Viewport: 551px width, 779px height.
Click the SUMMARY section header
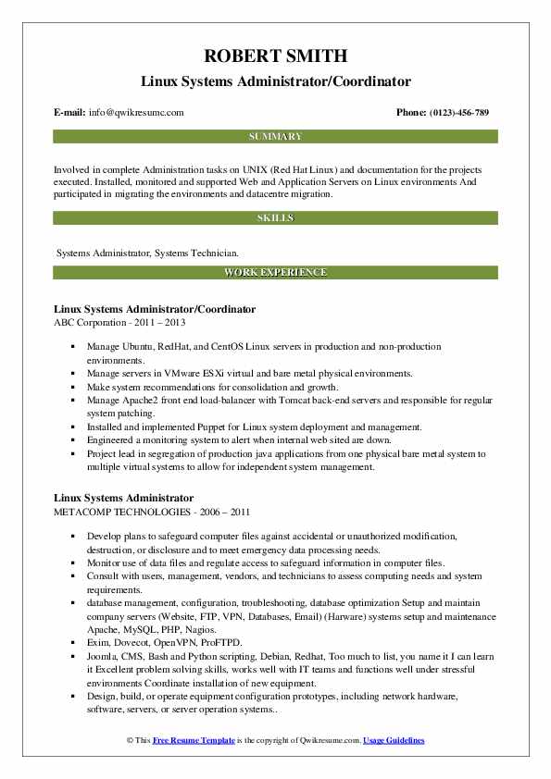tap(275, 137)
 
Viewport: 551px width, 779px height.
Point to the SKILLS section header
tap(275, 218)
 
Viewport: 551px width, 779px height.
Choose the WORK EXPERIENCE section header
tap(275, 272)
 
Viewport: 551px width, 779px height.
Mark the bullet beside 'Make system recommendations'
tap(73, 387)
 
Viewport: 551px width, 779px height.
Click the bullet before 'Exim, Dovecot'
tap(73, 641)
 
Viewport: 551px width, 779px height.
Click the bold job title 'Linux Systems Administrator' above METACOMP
tap(123, 498)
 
